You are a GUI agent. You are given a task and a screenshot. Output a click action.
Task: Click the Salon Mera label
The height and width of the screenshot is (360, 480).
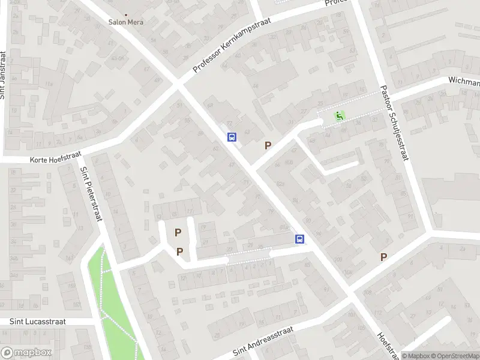[125, 22]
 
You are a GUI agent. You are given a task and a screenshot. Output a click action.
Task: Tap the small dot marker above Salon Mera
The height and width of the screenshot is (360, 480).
[126, 14]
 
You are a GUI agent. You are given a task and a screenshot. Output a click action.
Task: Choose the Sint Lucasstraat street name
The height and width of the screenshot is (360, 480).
[37, 322]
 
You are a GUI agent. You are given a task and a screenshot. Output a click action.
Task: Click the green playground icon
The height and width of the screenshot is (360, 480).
[340, 116]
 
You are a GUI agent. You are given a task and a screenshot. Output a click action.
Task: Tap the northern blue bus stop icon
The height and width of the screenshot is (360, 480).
[232, 137]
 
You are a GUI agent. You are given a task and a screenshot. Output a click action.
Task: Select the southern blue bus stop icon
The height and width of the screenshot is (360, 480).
[299, 239]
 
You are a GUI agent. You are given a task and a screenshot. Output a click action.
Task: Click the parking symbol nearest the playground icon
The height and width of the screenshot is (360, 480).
[268, 145]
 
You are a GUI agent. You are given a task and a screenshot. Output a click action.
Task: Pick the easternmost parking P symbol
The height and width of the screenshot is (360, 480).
[383, 257]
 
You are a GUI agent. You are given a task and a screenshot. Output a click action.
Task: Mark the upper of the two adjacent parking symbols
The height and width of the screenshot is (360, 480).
[178, 232]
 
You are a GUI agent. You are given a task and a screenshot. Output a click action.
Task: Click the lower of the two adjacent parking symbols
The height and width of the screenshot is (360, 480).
[179, 252]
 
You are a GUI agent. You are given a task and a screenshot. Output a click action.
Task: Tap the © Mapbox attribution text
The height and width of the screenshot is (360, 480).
[415, 356]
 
